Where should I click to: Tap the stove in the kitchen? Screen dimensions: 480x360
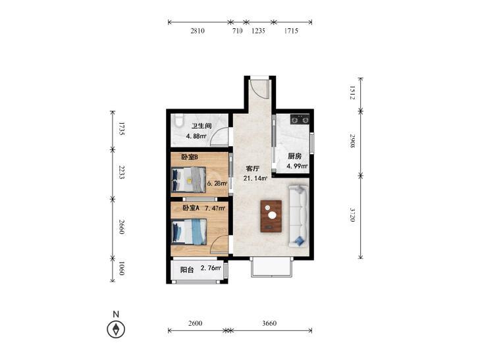pyautogui.click(x=300, y=119)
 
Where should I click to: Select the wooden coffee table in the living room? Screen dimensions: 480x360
pyautogui.click(x=271, y=216)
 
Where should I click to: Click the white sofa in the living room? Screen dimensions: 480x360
pyautogui.click(x=298, y=216)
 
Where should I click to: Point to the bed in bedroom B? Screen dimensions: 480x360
pyautogui.click(x=188, y=180)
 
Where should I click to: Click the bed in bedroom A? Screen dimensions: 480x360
pyautogui.click(x=189, y=232)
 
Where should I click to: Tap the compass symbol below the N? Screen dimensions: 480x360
pyautogui.click(x=116, y=330)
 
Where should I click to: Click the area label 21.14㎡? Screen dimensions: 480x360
pyautogui.click(x=255, y=178)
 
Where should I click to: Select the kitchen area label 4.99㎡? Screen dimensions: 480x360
pyautogui.click(x=297, y=166)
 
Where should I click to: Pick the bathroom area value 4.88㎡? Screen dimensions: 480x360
pyautogui.click(x=196, y=136)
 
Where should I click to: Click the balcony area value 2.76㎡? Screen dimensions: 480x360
pyautogui.click(x=211, y=269)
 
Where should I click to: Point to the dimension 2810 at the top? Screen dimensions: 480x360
pyautogui.click(x=198, y=30)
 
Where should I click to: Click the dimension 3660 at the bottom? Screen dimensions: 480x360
pyautogui.click(x=269, y=323)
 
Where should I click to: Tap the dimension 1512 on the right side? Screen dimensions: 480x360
pyautogui.click(x=353, y=92)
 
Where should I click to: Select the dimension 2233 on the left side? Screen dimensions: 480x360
pyautogui.click(x=122, y=172)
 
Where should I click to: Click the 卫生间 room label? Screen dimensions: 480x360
pyautogui.click(x=201, y=126)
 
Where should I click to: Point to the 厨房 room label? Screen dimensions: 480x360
pyautogui.click(x=294, y=156)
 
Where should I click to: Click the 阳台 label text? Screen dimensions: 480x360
pyautogui.click(x=187, y=270)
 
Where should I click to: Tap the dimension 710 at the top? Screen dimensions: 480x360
pyautogui.click(x=238, y=30)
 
